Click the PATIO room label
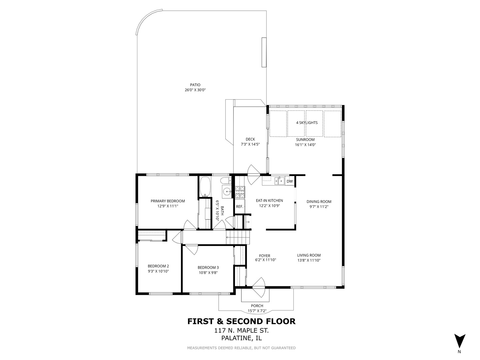pyautogui.click(x=195, y=85)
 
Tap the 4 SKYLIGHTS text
pyautogui.click(x=307, y=123)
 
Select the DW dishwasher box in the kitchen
pyautogui.click(x=290, y=181)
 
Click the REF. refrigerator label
pyautogui.click(x=240, y=206)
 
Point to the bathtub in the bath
pyautogui.click(x=205, y=187)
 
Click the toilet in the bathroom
pyautogui.click(x=226, y=181)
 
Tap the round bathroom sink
pyautogui.click(x=227, y=192)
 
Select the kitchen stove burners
pyautogui.click(x=240, y=192)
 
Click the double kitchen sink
pyautogui.click(x=279, y=181)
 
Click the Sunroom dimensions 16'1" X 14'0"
pyautogui.click(x=305, y=144)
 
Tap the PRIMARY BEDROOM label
pyautogui.click(x=168, y=201)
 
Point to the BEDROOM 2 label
pyautogui.click(x=158, y=266)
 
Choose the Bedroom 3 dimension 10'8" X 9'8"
pyautogui.click(x=208, y=273)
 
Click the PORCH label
pyautogui.click(x=257, y=306)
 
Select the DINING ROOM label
pyautogui.click(x=319, y=202)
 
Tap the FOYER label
pyautogui.click(x=265, y=256)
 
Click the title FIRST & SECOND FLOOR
pyautogui.click(x=241, y=321)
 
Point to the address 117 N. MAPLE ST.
pyautogui.click(x=241, y=330)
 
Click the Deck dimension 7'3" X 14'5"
pyautogui.click(x=250, y=144)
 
